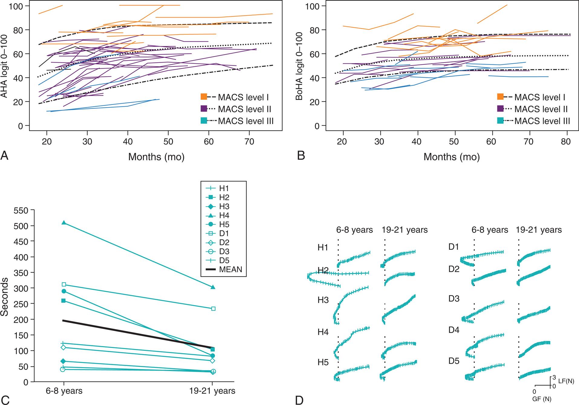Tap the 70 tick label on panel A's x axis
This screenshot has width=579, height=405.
pos(249,142)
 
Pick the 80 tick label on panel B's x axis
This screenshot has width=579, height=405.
pos(566,142)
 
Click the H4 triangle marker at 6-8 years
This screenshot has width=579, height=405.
pos(64,223)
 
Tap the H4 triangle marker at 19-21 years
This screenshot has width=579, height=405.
pos(213,287)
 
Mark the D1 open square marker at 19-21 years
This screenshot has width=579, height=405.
pos(213,309)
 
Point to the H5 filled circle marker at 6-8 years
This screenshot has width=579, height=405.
pos(64,291)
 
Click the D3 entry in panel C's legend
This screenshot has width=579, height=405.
pos(224,251)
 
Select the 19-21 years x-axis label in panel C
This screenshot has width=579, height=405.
pos(213,391)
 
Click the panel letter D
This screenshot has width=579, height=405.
pos(299,400)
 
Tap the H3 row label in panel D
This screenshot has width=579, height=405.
pos(323,300)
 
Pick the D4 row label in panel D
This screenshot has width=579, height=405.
pos(454,330)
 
